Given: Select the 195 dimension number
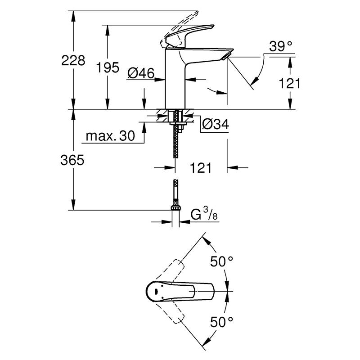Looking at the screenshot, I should coord(108,67).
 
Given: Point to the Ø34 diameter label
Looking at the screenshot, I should coord(215,124).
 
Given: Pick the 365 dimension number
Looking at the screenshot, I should coord(72,160).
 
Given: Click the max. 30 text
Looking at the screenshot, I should coord(110,136).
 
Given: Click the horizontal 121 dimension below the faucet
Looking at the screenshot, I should coord(200,168).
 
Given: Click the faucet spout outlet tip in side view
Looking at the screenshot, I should coord(226,55).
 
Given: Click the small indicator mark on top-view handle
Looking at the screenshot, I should coord(156,292).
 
